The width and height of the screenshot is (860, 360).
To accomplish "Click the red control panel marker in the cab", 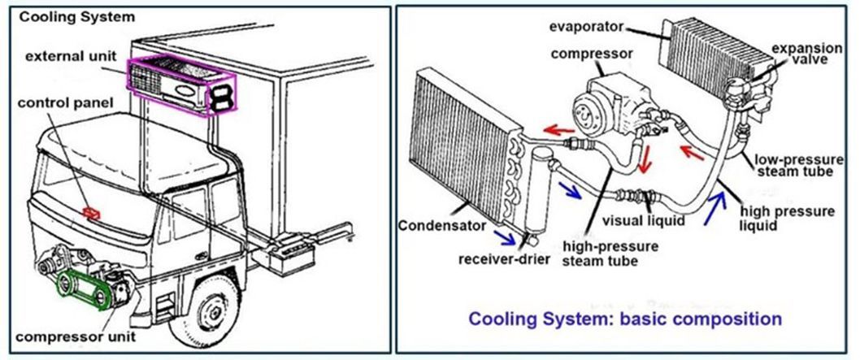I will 91,213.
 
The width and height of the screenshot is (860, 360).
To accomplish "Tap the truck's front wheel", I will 212,313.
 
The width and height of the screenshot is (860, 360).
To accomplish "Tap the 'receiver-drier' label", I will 503,258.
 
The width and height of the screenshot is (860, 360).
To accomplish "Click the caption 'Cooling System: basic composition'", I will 625,318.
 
